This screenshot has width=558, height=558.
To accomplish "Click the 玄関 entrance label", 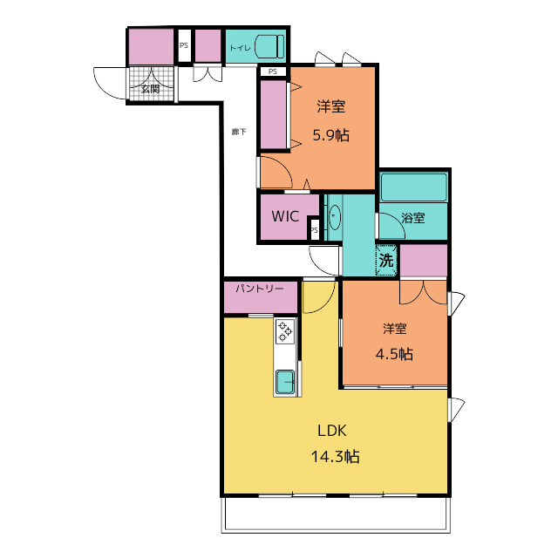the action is [x=150, y=89].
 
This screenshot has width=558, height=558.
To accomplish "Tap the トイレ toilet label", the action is [x=241, y=48].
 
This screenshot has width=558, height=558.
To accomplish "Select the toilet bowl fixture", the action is [x=269, y=46].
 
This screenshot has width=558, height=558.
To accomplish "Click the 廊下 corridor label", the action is [x=239, y=132].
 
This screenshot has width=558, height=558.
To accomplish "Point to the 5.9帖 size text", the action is [x=331, y=135].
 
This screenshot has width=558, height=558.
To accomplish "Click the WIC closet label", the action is [x=285, y=216].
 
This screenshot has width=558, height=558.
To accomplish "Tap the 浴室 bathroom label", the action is [x=413, y=218].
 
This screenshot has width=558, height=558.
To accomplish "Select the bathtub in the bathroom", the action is [x=414, y=187].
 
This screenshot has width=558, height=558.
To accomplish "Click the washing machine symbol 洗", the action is [x=386, y=260].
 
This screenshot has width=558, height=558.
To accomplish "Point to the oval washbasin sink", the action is [x=335, y=217].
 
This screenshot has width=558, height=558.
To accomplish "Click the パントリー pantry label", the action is [x=260, y=289].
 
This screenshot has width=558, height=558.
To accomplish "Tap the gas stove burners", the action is [x=285, y=331].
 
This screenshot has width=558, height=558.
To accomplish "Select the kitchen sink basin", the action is [x=285, y=382].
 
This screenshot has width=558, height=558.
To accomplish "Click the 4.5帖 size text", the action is [x=394, y=354].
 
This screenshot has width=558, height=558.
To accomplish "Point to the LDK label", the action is [x=331, y=431].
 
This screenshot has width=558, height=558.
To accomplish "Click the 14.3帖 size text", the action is [x=335, y=456].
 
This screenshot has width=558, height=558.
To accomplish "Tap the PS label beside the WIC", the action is [x=314, y=230].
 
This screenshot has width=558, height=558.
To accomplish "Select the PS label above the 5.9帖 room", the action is [x=273, y=71].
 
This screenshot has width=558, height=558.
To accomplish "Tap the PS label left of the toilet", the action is [x=184, y=45].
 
